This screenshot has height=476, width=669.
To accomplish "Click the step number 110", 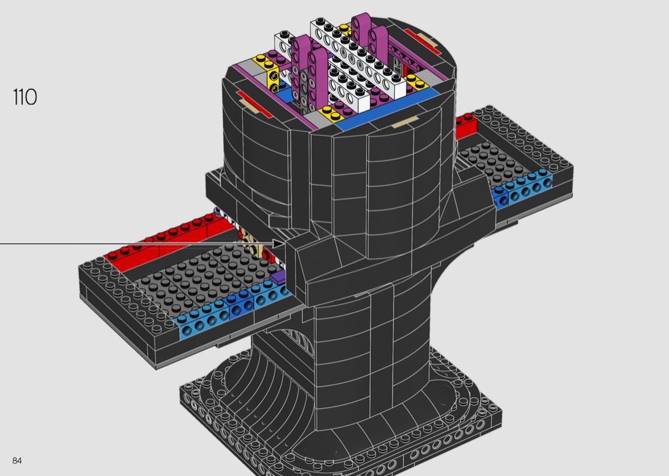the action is [x=25, y=97].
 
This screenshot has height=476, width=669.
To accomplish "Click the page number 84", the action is [x=17, y=461].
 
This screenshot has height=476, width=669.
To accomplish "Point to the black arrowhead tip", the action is [x=283, y=244].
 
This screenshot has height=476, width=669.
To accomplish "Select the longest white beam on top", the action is [x=357, y=57].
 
